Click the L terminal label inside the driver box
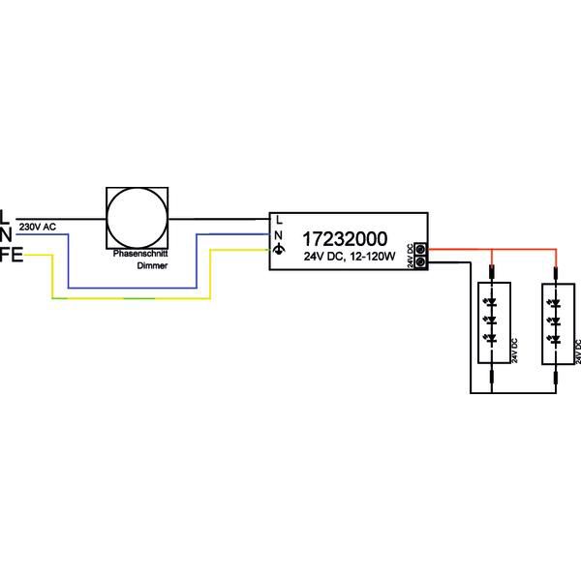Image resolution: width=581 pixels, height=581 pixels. tap(279, 219)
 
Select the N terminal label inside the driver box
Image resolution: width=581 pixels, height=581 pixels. tap(279, 234)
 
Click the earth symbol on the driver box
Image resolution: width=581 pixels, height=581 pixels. tap(279, 251)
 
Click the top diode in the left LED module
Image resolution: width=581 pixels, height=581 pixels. tap(491, 302)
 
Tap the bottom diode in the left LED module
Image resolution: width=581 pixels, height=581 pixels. tap(491, 338)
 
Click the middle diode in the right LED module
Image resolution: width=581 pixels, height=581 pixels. tap(555, 320)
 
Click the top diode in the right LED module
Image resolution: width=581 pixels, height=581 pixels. tap(555, 302)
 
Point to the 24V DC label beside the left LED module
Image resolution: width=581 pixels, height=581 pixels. tap(515, 352)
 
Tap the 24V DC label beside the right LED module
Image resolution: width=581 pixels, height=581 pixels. tap(577, 352)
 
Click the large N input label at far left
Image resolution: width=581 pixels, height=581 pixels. tap(6, 234)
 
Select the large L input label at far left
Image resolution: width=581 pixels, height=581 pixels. tap(6, 216)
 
